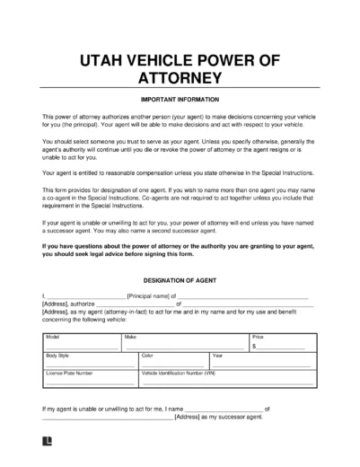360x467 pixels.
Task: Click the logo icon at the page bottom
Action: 46,442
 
